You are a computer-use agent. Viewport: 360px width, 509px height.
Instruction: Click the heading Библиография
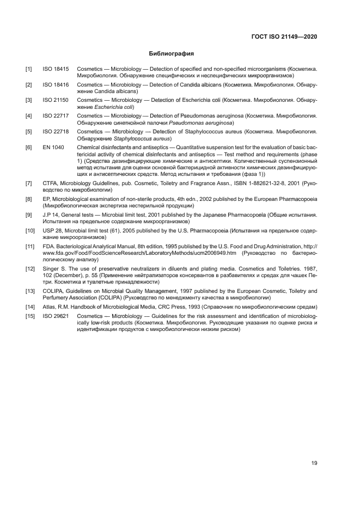tap(172, 54)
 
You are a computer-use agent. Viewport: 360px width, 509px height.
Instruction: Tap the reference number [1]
tap(29, 70)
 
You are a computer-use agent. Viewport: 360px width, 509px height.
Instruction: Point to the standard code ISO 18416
tap(56, 85)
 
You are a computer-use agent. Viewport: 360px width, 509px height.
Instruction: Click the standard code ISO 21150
tap(56, 101)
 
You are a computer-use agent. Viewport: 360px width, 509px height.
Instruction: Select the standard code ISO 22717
tap(56, 116)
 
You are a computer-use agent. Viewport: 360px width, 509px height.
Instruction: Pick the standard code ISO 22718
tap(56, 131)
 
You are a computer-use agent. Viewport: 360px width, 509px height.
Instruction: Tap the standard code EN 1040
tap(53, 147)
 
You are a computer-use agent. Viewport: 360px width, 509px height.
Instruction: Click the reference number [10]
tap(30, 231)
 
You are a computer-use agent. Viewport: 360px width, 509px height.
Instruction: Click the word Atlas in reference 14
tap(49, 308)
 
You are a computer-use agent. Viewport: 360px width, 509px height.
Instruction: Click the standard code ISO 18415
tap(56, 70)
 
